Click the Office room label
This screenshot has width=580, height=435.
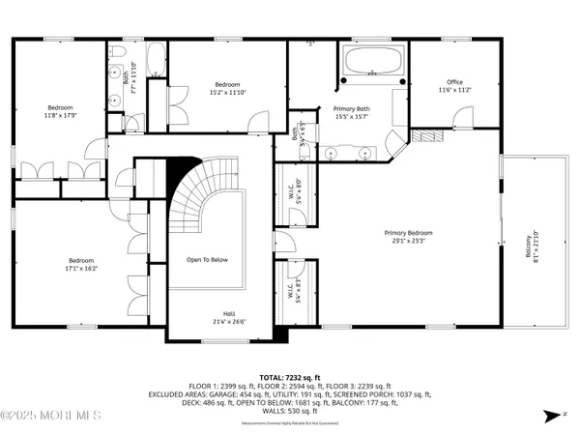coord(454,86)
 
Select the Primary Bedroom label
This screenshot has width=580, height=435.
coord(407,236)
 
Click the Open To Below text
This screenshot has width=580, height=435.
coord(208,260)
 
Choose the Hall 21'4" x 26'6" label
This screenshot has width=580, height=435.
coord(229,317)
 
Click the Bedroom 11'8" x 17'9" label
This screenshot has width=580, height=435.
coord(60,111)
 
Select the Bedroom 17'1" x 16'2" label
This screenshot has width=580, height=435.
coord(80,264)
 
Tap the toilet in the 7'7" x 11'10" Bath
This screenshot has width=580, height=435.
coord(114,53)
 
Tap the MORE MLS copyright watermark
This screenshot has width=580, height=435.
coord(50,417)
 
